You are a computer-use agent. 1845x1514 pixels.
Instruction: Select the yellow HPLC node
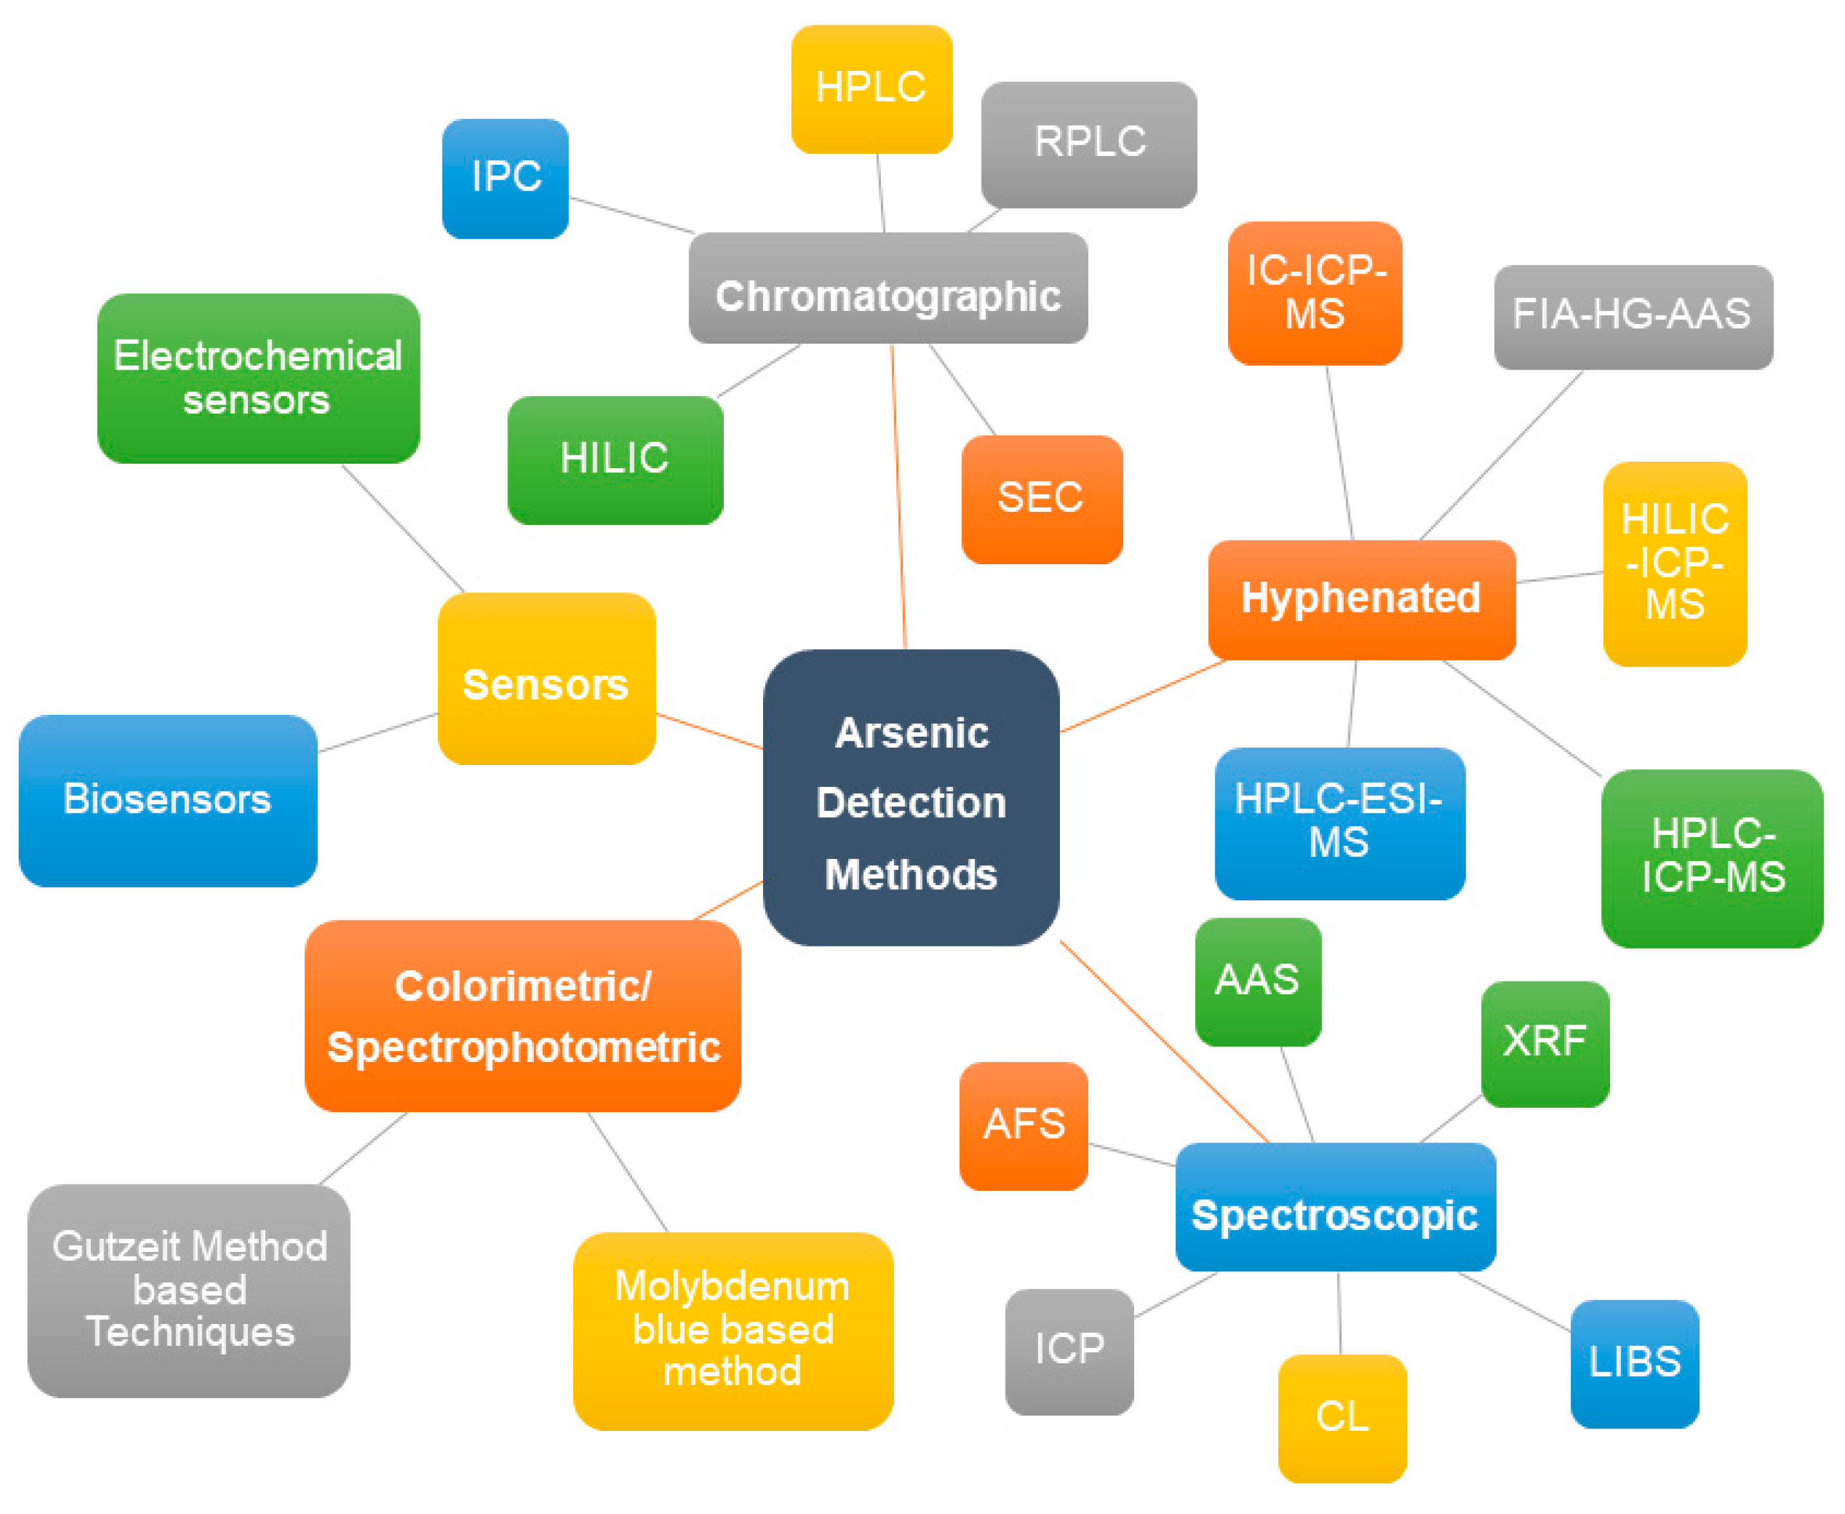[871, 89]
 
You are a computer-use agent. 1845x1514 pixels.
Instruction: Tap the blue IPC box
[506, 178]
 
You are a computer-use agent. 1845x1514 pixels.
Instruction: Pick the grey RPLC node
[1088, 144]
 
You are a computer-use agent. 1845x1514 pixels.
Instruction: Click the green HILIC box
[615, 460]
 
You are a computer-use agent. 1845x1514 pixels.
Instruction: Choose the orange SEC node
[1041, 499]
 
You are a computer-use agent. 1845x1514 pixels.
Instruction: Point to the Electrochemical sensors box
[258, 377]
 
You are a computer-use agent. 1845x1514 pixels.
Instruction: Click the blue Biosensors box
[167, 800]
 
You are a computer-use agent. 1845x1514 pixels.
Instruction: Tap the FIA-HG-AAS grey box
[1632, 317]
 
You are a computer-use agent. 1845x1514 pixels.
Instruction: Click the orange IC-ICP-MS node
[1314, 293]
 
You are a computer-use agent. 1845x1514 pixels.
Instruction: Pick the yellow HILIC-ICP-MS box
[1674, 563]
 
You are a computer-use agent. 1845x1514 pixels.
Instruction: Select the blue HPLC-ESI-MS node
[1339, 822]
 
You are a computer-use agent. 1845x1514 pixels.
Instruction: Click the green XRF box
[1544, 1043]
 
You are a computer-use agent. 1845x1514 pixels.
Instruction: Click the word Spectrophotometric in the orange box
[523, 1047]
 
